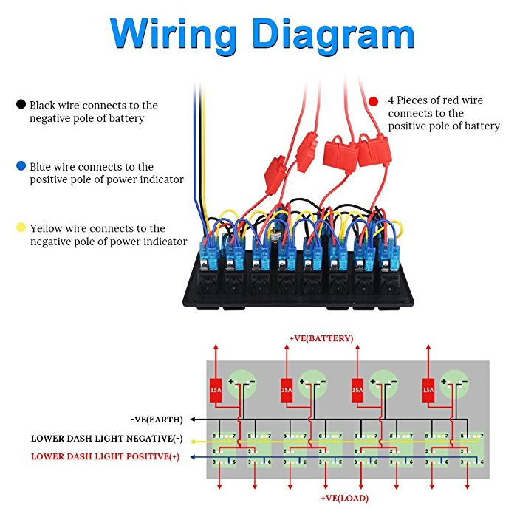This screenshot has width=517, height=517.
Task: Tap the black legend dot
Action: click(x=21, y=104)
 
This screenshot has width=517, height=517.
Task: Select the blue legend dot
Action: click(x=21, y=166)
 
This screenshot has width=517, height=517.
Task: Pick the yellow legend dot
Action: click(x=21, y=227)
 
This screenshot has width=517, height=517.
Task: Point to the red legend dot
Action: click(x=373, y=101)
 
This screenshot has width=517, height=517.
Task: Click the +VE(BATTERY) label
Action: click(x=321, y=338)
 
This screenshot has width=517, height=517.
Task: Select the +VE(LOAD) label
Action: click(x=345, y=499)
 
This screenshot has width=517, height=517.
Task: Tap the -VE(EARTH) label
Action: click(x=157, y=420)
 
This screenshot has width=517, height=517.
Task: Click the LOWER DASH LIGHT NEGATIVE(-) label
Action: click(x=107, y=439)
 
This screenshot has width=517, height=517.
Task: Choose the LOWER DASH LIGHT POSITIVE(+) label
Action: click(x=105, y=456)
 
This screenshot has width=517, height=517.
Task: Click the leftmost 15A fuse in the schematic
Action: click(x=216, y=391)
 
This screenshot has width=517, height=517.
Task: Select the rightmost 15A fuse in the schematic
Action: click(x=428, y=391)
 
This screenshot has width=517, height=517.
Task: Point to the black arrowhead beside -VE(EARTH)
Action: click(x=194, y=420)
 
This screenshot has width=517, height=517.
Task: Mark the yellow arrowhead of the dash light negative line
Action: click(x=194, y=442)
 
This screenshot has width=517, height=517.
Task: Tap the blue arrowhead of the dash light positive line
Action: click(x=194, y=457)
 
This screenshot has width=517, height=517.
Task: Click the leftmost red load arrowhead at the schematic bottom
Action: click(x=219, y=486)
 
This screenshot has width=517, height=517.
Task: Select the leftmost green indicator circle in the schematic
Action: click(x=243, y=384)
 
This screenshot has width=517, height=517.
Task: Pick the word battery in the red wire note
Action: click(x=482, y=126)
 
